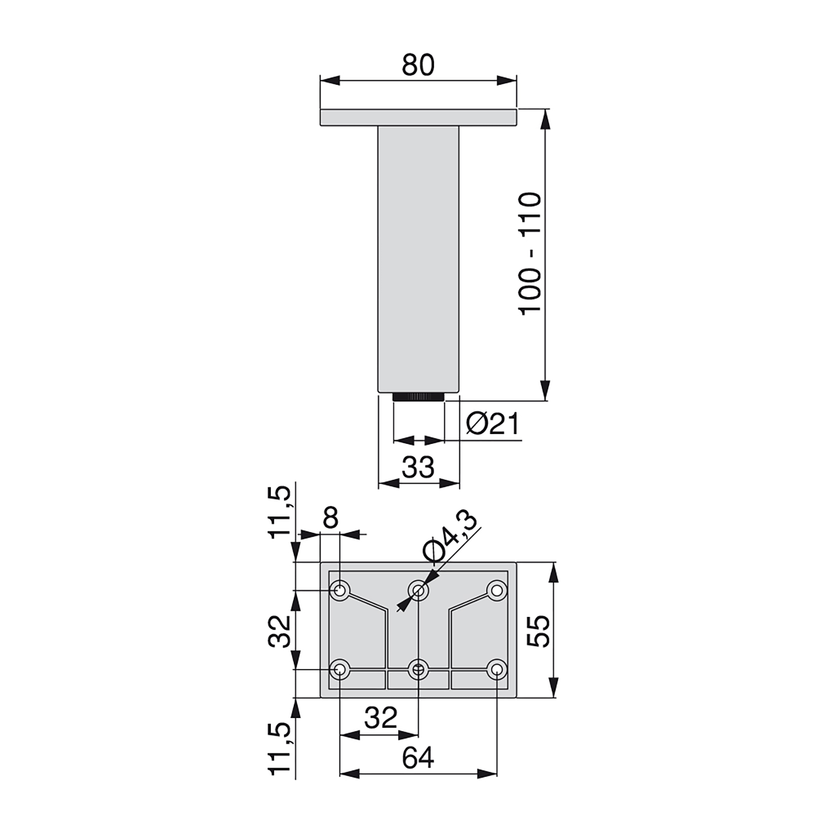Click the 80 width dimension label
coord(418,65)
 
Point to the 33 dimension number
coord(418,467)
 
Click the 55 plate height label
coord(539,631)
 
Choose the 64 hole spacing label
coord(418,758)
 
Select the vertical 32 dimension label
coord(279,632)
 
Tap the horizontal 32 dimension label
coord(381,718)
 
